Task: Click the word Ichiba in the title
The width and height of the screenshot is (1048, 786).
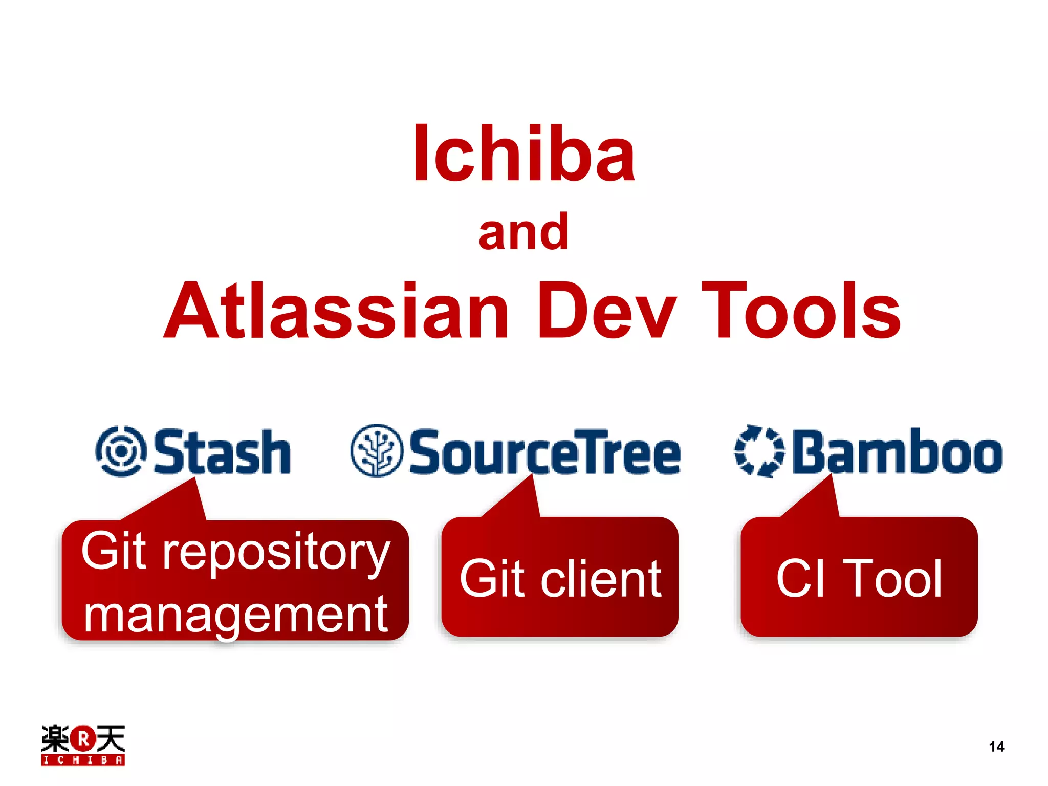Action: (523, 154)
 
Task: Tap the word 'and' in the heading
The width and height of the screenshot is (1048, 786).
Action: (523, 233)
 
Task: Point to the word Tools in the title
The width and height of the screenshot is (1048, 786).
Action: (801, 311)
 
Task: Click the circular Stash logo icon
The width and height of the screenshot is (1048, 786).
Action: (121, 451)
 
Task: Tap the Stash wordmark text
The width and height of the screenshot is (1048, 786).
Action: (222, 452)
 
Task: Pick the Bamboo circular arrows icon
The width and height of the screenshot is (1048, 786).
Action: (759, 451)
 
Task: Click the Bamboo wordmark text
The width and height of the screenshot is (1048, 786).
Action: (898, 452)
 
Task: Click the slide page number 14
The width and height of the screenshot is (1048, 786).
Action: (996, 747)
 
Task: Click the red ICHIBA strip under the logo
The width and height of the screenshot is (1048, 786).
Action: (83, 760)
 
